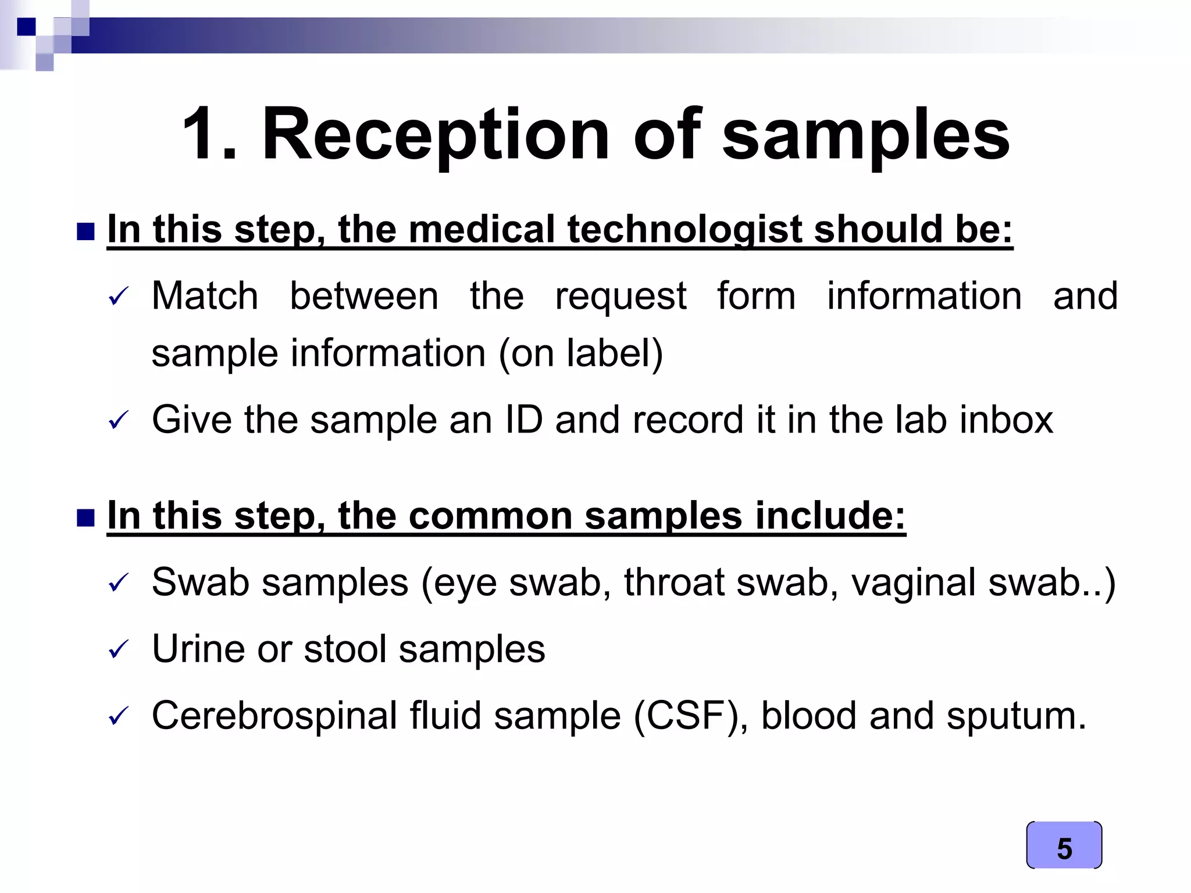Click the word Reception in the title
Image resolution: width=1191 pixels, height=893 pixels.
click(x=436, y=135)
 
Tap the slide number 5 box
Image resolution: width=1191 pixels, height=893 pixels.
click(x=1064, y=846)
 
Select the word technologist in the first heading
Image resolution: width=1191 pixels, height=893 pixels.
click(x=686, y=229)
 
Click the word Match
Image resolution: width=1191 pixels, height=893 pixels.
click(x=205, y=296)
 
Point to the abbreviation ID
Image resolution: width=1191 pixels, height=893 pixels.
click(x=524, y=419)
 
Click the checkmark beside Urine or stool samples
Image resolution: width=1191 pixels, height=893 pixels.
click(x=119, y=649)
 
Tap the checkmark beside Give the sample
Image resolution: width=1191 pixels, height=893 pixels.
click(x=119, y=420)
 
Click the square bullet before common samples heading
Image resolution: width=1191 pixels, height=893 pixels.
click(x=85, y=517)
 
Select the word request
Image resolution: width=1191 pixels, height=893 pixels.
click(x=621, y=297)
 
